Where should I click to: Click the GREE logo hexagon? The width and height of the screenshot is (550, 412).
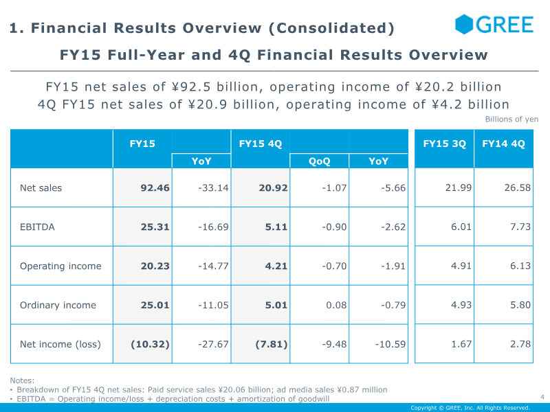(464, 24)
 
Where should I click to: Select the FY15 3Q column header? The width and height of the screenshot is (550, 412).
(444, 144)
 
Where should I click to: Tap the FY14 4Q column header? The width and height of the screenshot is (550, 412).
(503, 144)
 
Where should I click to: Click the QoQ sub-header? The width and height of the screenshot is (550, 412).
(319, 161)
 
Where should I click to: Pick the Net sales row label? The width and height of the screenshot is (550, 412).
(41, 188)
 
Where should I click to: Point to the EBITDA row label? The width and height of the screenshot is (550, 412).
(37, 227)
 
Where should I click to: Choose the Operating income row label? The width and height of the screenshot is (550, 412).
(60, 266)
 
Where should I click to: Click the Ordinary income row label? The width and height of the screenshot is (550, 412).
(58, 305)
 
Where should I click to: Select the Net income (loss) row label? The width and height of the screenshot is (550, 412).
(60, 345)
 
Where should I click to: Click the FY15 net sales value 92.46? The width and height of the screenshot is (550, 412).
(155, 188)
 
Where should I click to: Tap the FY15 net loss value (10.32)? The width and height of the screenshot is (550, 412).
(150, 345)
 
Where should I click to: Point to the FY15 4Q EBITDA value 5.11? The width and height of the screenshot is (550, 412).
(276, 227)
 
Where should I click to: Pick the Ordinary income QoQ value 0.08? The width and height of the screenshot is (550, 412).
(336, 305)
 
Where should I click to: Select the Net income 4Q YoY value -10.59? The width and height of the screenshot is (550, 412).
(390, 345)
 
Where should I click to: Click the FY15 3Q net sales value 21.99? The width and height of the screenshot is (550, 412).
(459, 188)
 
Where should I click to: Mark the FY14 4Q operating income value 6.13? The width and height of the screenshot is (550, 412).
(520, 266)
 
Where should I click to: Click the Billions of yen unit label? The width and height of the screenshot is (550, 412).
(511, 119)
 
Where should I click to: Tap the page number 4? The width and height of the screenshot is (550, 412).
(542, 397)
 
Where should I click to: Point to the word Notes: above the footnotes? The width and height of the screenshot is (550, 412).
(22, 380)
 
